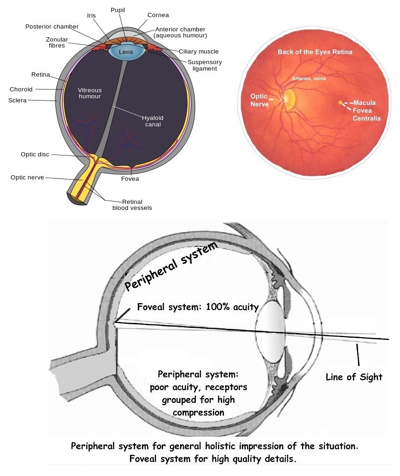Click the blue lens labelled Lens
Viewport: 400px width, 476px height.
click(126, 52)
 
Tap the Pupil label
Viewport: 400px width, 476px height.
click(118, 10)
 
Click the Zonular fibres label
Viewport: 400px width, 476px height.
click(57, 42)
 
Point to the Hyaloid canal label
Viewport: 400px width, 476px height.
click(153, 121)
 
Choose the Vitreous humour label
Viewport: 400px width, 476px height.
click(89, 93)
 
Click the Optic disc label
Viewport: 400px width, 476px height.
click(35, 154)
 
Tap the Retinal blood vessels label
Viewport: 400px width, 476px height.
click(132, 204)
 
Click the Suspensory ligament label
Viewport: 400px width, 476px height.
click(205, 65)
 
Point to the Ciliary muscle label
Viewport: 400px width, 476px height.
click(199, 52)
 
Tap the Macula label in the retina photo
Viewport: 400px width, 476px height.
click(365, 102)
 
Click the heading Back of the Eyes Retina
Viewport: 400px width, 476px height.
click(315, 52)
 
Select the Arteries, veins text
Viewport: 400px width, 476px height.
click(308, 78)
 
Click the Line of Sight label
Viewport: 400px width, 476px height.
click(354, 377)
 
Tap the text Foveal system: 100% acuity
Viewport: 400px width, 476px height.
click(198, 307)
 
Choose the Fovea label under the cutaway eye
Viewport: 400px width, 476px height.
click(129, 178)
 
